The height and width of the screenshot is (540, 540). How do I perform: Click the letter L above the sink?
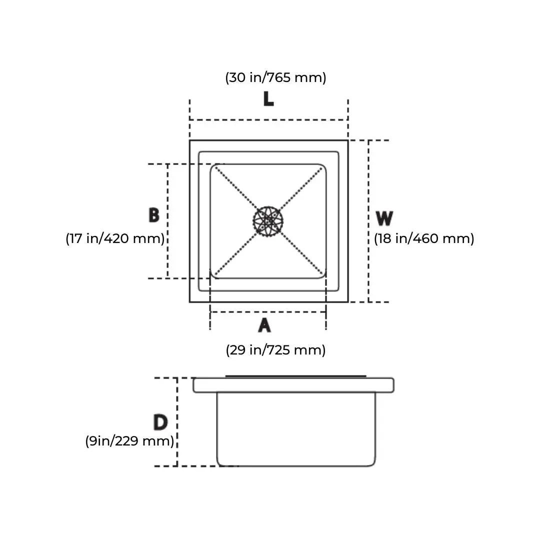tap(268, 99)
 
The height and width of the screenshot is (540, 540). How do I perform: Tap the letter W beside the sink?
tap(384, 218)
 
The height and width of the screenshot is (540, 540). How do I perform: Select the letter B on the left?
tap(154, 215)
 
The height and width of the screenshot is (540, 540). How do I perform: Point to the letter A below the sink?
tap(264, 325)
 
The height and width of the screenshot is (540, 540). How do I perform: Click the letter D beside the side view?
tap(160, 422)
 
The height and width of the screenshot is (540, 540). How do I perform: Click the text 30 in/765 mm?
tap(275, 77)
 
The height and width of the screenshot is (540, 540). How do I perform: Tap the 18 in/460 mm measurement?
tap(424, 238)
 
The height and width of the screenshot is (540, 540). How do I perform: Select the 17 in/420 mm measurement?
tap(115, 238)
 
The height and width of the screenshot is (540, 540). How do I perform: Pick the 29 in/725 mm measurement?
tap(275, 350)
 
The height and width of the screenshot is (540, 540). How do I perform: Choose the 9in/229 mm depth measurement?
tap(129, 441)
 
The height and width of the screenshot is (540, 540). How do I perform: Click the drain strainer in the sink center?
tap(268, 221)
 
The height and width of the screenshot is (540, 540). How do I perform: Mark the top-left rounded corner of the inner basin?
tap(213, 167)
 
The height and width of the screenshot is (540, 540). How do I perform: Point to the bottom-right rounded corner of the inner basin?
tap(322, 275)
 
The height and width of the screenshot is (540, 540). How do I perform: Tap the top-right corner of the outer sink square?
tap(347, 140)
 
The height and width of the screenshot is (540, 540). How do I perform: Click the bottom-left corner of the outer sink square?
tap(190, 301)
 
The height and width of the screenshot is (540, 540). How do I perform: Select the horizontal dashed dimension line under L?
tap(268, 120)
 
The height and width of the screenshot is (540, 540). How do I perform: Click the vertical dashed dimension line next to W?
tap(368, 221)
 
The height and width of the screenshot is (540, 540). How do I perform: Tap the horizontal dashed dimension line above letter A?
tap(268, 312)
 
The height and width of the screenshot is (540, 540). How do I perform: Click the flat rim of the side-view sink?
tap(293, 385)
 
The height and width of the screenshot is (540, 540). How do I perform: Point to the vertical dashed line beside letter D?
tap(177, 422)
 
